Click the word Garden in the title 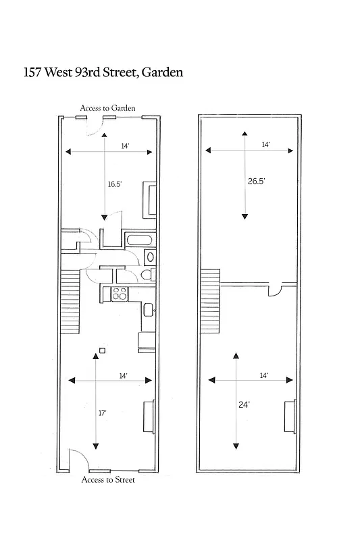pos(161,72)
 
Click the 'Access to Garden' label pos(108,107)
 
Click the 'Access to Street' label pos(108,480)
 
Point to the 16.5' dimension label pos(115,183)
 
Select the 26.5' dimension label pos(256,181)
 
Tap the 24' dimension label pos(244,404)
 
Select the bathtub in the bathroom pos(140,240)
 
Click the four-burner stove pos(120,294)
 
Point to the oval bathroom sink pos(150,257)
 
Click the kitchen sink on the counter pos(147,310)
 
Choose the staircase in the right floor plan pos(211,301)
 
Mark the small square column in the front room pos(101,350)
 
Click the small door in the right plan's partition pos(276,291)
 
